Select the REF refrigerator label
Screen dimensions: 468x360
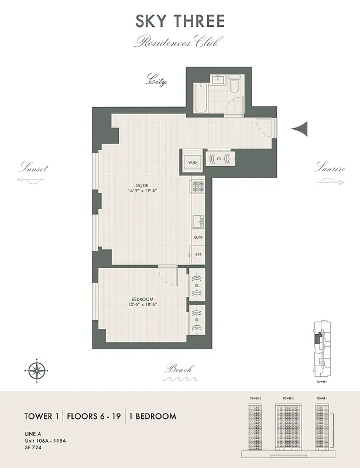click(x=198, y=255)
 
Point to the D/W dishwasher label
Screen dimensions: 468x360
click(x=198, y=238)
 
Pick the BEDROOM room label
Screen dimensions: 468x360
click(x=142, y=299)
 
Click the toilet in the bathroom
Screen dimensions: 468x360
click(x=234, y=85)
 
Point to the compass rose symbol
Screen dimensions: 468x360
click(x=37, y=370)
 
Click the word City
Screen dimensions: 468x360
click(x=156, y=80)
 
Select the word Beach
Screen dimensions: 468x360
click(x=179, y=369)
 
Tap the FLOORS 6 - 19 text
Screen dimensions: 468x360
click(x=94, y=417)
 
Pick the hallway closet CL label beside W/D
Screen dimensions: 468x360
click(x=219, y=159)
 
